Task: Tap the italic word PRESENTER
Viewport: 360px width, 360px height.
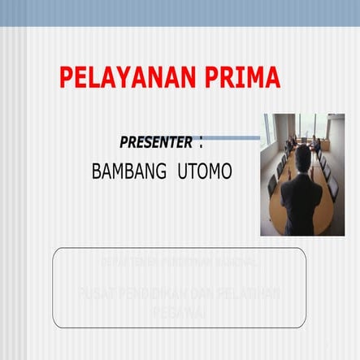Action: [x=156, y=143]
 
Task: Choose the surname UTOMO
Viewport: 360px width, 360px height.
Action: [x=204, y=172]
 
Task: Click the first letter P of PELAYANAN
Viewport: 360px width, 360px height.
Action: [x=67, y=77]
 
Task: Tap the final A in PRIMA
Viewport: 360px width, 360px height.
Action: [x=271, y=77]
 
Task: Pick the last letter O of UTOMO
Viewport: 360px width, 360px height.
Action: [x=225, y=172]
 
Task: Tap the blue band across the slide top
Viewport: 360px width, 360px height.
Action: [x=180, y=13]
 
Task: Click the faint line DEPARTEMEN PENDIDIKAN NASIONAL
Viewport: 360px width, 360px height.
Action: [x=180, y=262]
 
